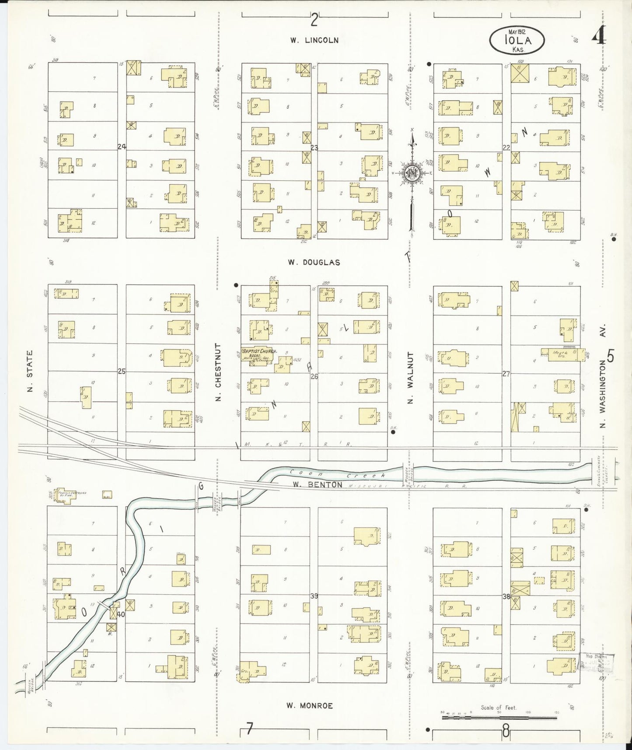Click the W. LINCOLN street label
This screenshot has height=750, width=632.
(314, 40)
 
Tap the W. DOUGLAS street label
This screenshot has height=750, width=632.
(314, 263)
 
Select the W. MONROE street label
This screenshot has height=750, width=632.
(309, 705)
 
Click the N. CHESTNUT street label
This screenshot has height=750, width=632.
(218, 372)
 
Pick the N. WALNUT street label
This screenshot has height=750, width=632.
(410, 377)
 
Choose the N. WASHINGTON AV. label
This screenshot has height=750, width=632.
(603, 375)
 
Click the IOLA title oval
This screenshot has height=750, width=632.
(517, 40)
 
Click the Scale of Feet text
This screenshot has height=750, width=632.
(498, 708)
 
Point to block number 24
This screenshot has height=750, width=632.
(122, 147)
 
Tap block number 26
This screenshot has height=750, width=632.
(314, 376)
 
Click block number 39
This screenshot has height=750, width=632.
(314, 596)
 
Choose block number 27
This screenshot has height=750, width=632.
(506, 374)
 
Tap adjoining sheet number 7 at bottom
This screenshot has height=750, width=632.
(249, 729)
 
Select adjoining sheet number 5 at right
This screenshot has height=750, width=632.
(611, 357)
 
